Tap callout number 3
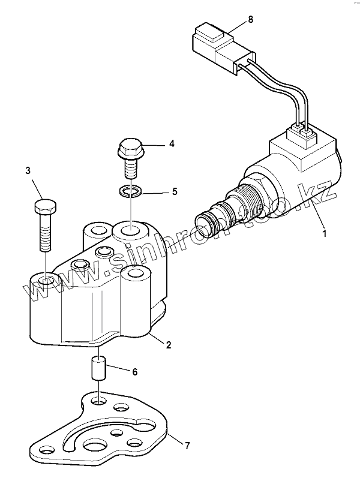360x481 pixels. click(28, 170)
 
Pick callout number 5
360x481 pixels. click(175, 192)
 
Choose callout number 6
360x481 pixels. click(134, 372)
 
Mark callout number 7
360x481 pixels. click(187, 445)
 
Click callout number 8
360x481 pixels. click(250, 19)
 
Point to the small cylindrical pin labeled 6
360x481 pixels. click(98, 367)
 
